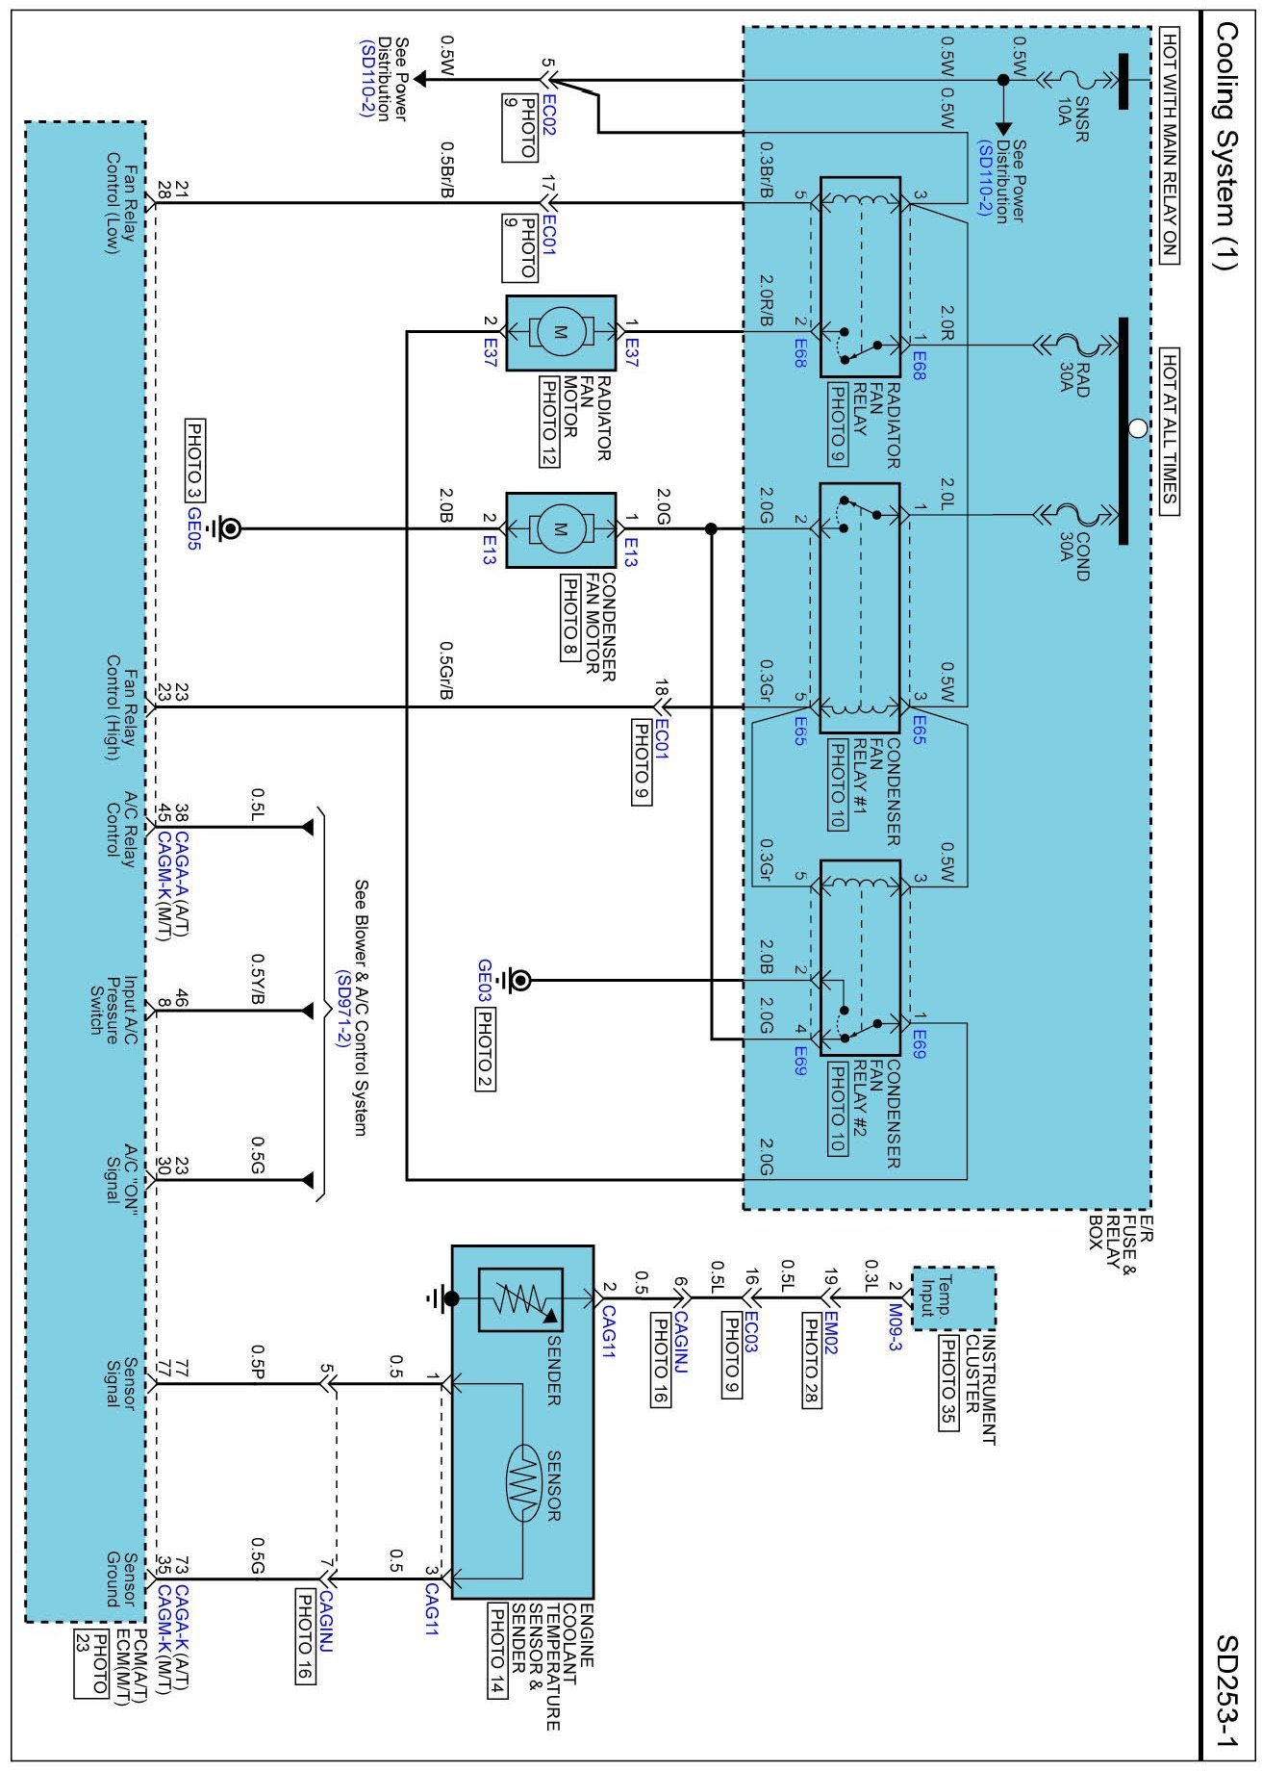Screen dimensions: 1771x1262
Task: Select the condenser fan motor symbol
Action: (x=561, y=528)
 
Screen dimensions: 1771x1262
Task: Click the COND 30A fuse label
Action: (x=1074, y=555)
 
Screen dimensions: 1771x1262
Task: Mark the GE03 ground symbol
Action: (x=519, y=981)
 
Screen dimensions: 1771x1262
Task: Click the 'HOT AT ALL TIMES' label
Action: (x=1169, y=427)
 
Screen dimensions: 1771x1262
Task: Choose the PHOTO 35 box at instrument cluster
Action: (x=948, y=1384)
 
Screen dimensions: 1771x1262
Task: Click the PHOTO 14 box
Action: (x=497, y=1650)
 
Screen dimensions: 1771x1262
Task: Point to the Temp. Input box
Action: (x=952, y=1298)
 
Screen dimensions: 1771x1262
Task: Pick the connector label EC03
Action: (x=751, y=1325)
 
